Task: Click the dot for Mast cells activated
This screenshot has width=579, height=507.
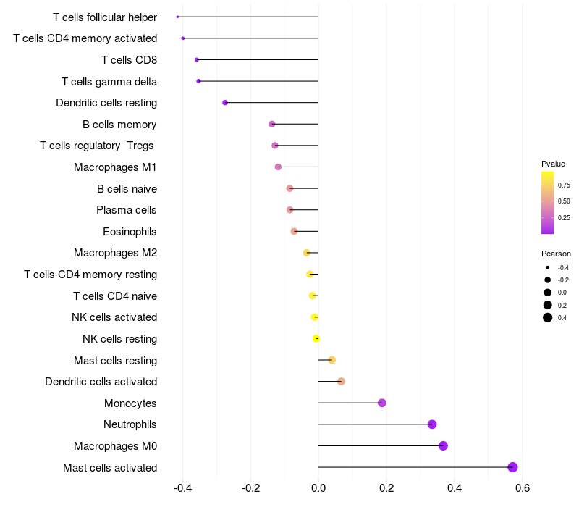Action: pos(512,467)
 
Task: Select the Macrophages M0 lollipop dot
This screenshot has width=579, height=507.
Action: pos(443,445)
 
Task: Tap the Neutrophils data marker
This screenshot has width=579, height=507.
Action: pos(432,424)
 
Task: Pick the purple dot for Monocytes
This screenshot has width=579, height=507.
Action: pos(382,403)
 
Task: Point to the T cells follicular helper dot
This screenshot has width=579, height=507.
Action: pos(177,17)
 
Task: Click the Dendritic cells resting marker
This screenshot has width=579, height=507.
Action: pos(225,103)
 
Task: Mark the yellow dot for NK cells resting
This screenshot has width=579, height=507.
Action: pos(316,338)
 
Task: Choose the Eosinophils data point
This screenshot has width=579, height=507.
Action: pos(294,231)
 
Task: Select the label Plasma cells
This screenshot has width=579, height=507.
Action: pos(127,210)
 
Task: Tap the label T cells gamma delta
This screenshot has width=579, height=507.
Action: pos(109,81)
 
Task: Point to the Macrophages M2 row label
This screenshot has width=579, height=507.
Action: pos(115,253)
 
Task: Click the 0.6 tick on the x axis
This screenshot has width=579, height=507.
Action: pos(523,487)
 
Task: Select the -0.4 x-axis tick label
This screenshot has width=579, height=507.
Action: pos(182,487)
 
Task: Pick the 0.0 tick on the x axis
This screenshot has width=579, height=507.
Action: pos(318,487)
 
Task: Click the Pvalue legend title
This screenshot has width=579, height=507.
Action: pos(553,164)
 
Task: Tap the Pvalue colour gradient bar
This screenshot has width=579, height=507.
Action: pos(548,203)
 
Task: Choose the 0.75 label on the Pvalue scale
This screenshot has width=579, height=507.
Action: pos(564,185)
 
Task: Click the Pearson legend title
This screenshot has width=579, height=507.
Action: pos(556,254)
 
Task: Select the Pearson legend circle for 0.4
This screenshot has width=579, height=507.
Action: pos(548,317)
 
